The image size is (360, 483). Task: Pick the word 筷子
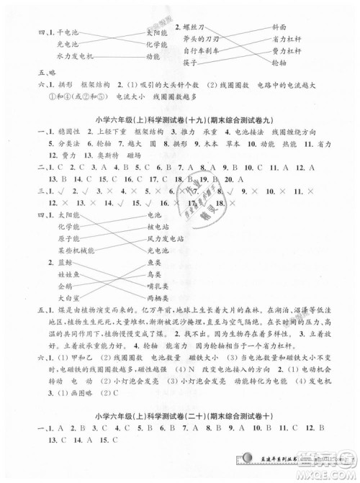191,64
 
